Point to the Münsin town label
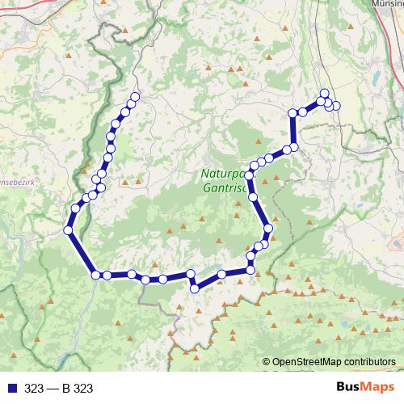[387, 4]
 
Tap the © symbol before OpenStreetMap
[267, 362]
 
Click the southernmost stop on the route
[195, 288]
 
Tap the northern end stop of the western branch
[135, 97]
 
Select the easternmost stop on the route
[336, 106]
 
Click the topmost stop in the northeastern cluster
[324, 93]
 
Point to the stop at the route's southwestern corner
[96, 275]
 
